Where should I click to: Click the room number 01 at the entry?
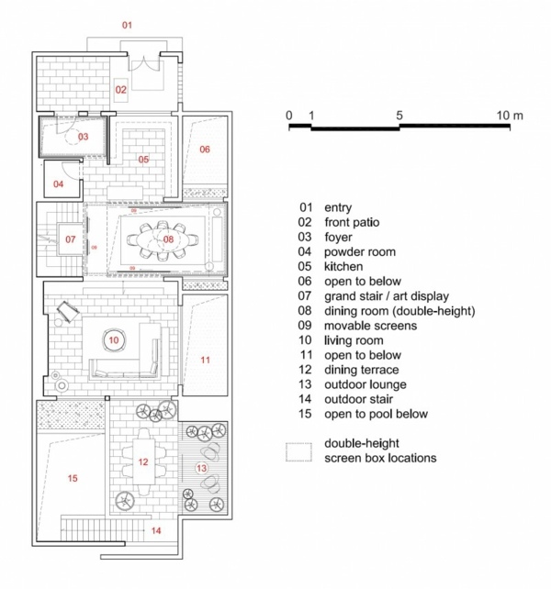point(128,24)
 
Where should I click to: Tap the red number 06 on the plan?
point(205,149)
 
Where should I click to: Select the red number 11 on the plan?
point(205,358)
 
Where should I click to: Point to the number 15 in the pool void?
point(73,478)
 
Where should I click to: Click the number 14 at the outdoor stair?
point(156,531)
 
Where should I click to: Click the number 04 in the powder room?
point(59,183)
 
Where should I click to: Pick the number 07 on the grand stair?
point(70,240)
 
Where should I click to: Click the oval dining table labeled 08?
point(168,239)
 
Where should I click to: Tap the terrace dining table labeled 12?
point(143,462)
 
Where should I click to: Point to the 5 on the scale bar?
point(399,115)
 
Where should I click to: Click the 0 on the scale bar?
point(289,115)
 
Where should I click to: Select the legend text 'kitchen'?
point(343,267)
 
